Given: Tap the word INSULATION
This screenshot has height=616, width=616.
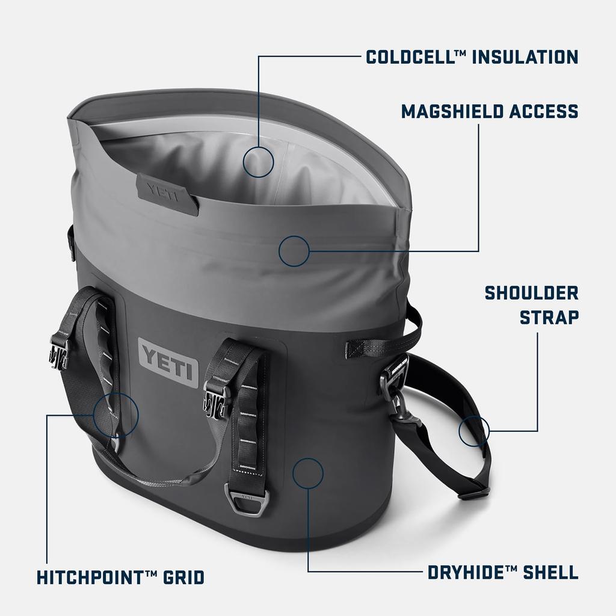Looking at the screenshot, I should (x=525, y=57).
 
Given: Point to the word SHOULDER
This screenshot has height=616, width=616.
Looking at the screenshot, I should (x=531, y=293).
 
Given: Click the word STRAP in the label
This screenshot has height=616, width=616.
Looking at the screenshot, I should (x=549, y=317).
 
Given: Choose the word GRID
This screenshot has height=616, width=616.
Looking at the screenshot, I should (x=183, y=578).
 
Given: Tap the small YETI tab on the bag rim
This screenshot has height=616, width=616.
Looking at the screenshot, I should (x=167, y=193).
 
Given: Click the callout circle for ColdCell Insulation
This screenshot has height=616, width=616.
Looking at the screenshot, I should (x=259, y=161).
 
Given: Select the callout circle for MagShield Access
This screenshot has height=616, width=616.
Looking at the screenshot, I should (x=294, y=251).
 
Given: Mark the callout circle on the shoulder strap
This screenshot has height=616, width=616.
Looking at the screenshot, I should (x=474, y=431).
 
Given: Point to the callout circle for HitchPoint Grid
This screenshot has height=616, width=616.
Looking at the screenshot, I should (x=116, y=414).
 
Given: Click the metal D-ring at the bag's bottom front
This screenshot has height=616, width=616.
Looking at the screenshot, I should (x=247, y=501).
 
